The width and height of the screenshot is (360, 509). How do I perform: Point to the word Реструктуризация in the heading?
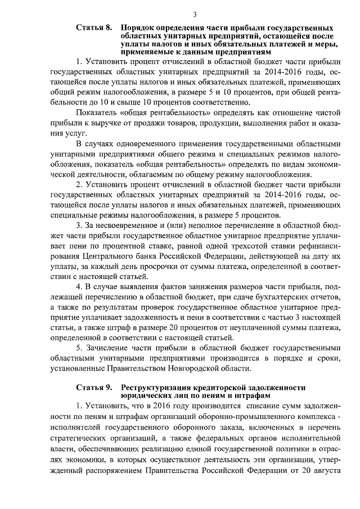pyautogui.click(x=155, y=388)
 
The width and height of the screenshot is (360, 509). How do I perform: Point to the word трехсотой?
pyautogui.click(x=240, y=246)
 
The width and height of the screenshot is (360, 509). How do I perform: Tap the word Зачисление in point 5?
pyautogui.click(x=107, y=347)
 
